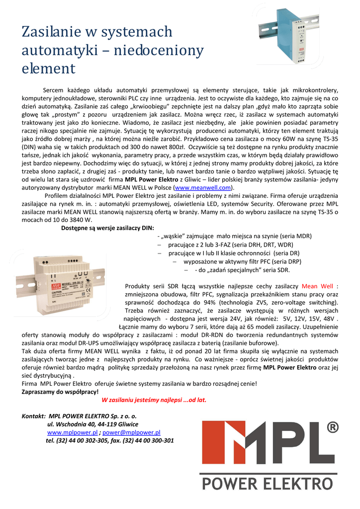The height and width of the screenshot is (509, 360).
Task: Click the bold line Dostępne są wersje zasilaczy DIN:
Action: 107,228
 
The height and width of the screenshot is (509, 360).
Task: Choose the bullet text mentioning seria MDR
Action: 234,236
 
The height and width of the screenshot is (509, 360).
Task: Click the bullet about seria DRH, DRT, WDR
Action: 231,245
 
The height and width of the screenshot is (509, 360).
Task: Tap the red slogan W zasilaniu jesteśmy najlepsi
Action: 154,399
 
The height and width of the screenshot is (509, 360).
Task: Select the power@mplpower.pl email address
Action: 131,432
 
